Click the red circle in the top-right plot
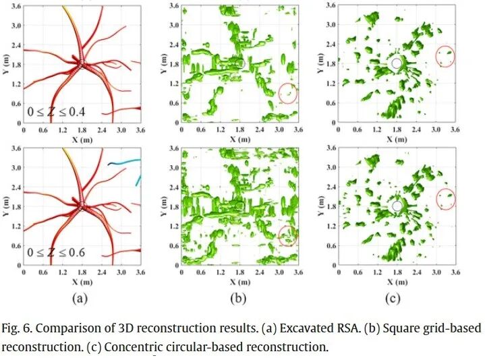(446, 56)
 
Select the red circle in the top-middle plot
(288, 92)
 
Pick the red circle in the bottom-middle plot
(287, 235)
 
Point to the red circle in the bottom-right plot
(445, 198)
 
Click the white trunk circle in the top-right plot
(397, 63)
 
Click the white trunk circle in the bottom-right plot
(397, 206)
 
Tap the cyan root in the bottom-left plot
(125, 162)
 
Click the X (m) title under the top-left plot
(82, 138)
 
